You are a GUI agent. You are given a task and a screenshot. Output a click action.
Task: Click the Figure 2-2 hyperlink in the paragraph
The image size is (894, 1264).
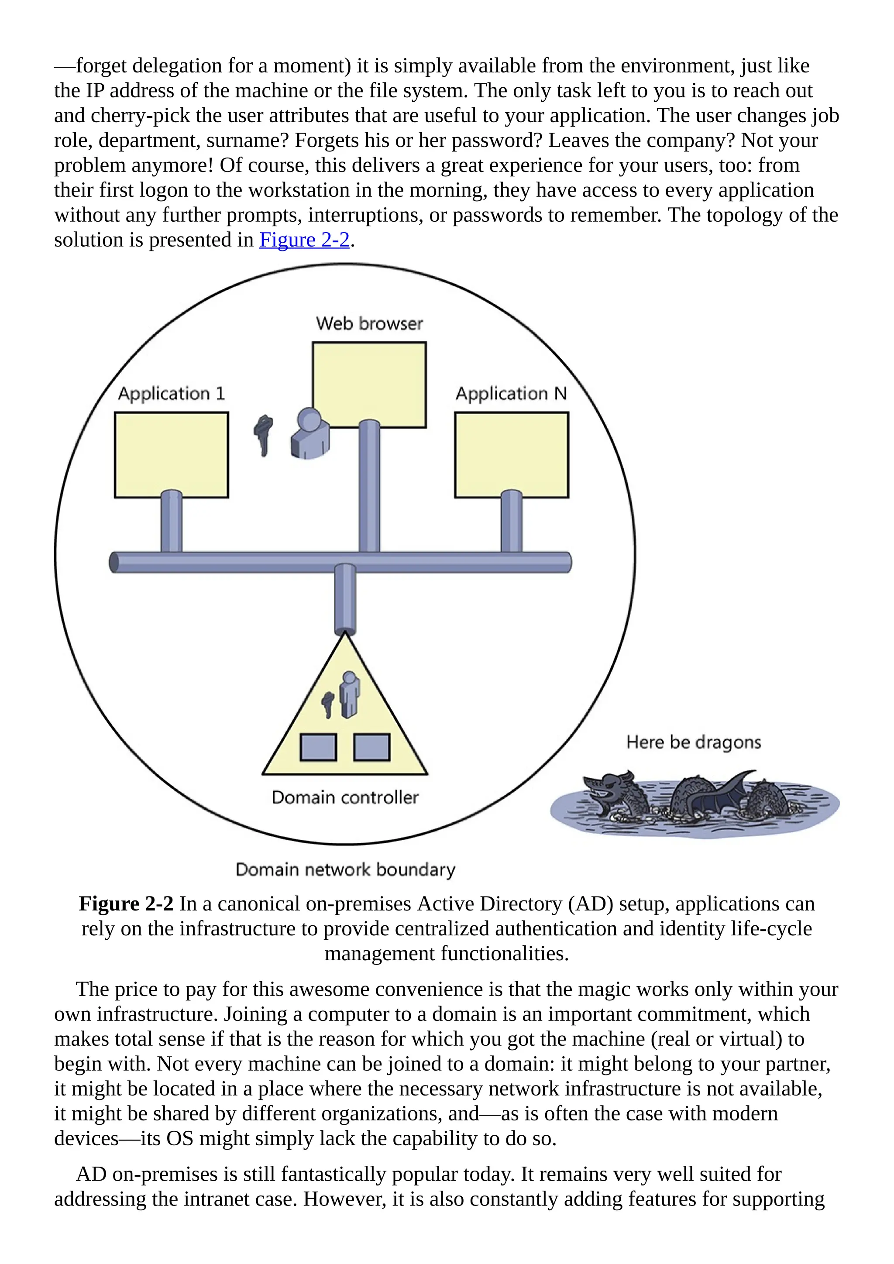click(x=304, y=240)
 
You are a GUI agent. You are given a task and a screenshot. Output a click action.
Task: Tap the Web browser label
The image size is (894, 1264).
click(x=369, y=324)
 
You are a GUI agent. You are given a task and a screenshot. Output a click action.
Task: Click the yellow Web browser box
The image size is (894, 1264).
click(x=369, y=380)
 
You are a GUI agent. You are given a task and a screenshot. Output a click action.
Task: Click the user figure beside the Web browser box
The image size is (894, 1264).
click(x=309, y=434)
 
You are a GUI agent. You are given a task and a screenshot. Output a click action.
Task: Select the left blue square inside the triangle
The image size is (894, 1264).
click(x=318, y=748)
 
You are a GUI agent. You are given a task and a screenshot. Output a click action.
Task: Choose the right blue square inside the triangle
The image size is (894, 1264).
click(x=371, y=748)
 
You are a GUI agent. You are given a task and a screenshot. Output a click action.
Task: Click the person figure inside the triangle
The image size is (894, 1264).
click(x=349, y=694)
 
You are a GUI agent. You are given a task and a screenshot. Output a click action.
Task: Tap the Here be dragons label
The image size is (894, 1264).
click(x=694, y=742)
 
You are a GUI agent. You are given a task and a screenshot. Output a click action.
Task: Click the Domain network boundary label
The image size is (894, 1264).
click(x=345, y=869)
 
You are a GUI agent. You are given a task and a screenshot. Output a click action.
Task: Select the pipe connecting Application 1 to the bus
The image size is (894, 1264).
click(x=171, y=521)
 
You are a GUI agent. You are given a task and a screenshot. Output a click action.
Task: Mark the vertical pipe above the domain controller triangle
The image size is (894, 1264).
click(x=345, y=599)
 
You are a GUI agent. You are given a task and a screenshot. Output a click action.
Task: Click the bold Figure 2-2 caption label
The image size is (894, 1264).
click(x=126, y=904)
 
